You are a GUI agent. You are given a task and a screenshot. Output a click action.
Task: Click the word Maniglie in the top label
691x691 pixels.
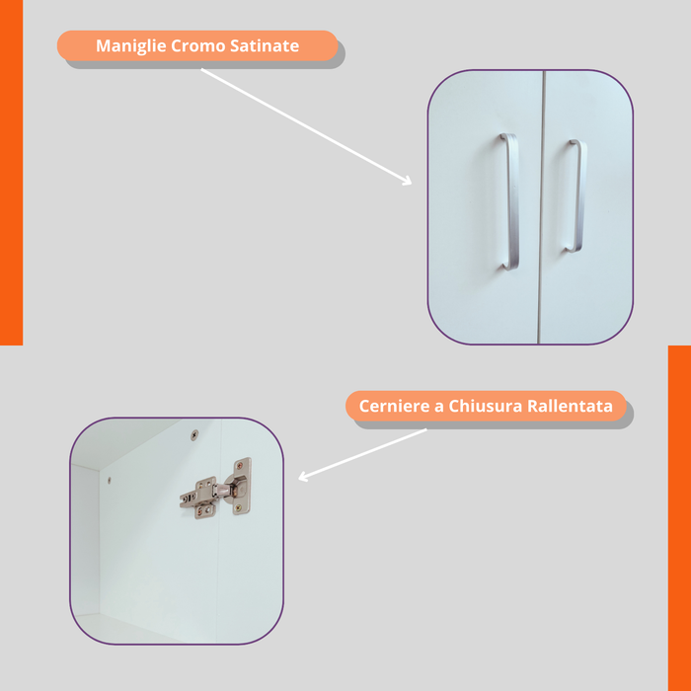tap(131, 46)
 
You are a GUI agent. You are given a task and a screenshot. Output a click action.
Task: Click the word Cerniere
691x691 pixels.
tap(395, 406)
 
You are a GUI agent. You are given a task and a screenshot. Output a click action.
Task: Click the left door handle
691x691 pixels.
tap(511, 201)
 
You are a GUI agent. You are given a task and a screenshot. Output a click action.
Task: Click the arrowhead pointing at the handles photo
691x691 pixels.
tap(406, 181)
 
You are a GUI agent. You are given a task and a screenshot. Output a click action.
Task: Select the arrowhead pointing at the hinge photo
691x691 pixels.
tap(304, 477)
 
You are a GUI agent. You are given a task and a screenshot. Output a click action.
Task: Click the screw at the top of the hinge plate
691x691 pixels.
tap(239, 466)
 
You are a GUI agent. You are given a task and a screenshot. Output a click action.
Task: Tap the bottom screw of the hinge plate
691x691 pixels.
tap(238, 508)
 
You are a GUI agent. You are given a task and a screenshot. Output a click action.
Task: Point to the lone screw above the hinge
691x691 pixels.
tap(194, 435)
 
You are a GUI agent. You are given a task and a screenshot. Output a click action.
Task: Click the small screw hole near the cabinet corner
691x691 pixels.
tap(110, 480)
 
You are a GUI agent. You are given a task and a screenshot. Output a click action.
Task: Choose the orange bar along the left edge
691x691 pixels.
tap(12, 173)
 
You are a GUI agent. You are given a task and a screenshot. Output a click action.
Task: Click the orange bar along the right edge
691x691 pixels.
tap(679, 518)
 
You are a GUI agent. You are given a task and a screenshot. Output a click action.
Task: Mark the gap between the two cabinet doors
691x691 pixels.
tap(541, 207)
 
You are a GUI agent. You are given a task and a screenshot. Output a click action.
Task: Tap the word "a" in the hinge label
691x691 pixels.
tap(439, 407)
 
